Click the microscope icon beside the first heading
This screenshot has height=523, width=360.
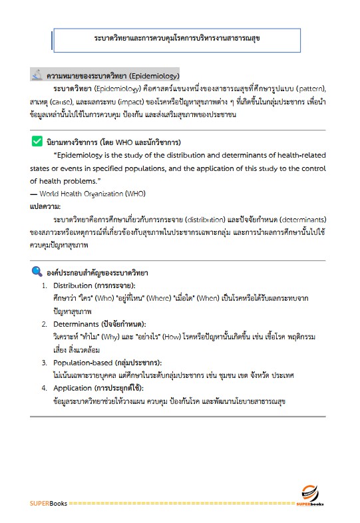coord(37,75)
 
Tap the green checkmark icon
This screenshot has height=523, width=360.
coord(37,141)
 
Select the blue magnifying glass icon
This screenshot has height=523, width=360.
coord(37,271)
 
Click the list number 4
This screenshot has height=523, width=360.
coord(44,388)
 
